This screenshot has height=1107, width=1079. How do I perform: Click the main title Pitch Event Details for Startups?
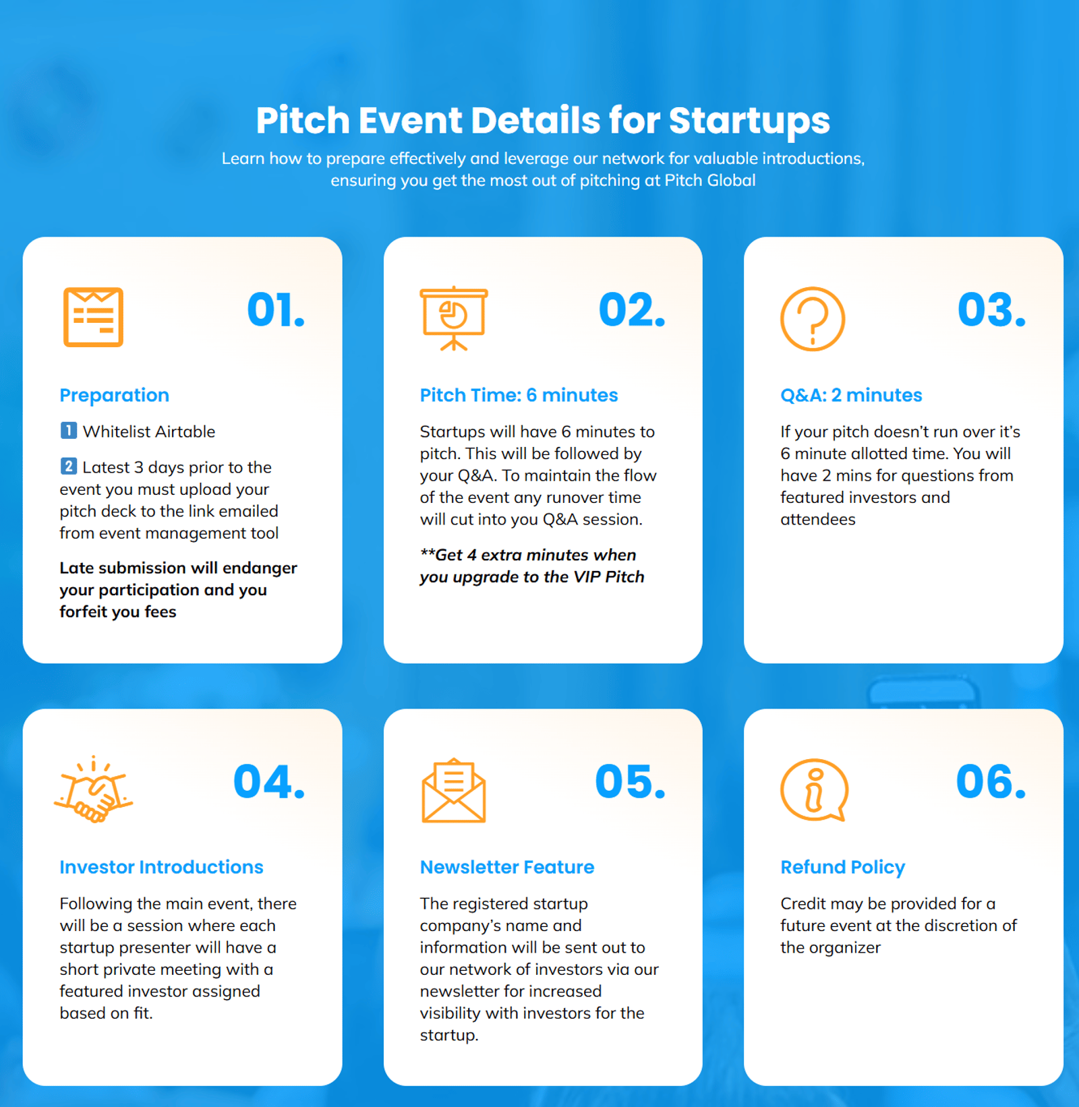pyautogui.click(x=543, y=121)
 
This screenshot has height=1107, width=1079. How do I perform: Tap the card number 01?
pyautogui.click(x=276, y=310)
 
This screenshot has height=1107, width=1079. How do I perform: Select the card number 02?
pyautogui.click(x=632, y=310)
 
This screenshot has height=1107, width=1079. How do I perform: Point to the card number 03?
pyautogui.click(x=991, y=310)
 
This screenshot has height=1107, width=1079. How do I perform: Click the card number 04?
pyautogui.click(x=269, y=782)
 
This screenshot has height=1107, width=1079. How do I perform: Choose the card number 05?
pyautogui.click(x=630, y=782)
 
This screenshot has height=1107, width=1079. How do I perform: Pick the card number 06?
pyautogui.click(x=991, y=782)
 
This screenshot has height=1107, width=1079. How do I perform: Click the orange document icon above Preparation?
pyautogui.click(x=93, y=317)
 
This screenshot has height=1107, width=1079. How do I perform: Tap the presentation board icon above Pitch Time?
pyautogui.click(x=454, y=318)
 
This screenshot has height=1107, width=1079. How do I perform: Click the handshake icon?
pyautogui.click(x=93, y=789)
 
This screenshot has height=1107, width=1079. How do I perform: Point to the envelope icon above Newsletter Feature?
pyautogui.click(x=454, y=790)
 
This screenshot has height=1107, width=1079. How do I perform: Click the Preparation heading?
pyautogui.click(x=114, y=395)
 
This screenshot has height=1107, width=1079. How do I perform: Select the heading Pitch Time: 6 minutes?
pyautogui.click(x=519, y=395)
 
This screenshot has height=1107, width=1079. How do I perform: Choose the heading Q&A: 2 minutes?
pyautogui.click(x=851, y=395)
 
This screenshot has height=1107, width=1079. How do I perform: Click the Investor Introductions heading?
pyautogui.click(x=161, y=867)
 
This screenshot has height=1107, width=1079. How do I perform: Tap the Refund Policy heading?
pyautogui.click(x=842, y=867)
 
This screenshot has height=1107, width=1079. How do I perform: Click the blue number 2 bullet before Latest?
pyautogui.click(x=68, y=466)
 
